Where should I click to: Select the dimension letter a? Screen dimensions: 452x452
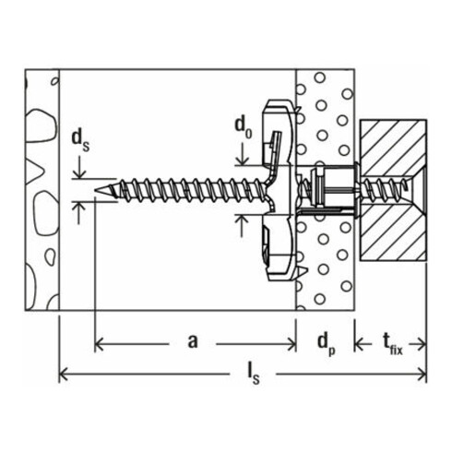coord(193,342)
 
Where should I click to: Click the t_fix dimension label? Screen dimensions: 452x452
coord(394,344)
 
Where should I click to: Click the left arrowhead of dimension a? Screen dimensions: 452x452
coord(100,343)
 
